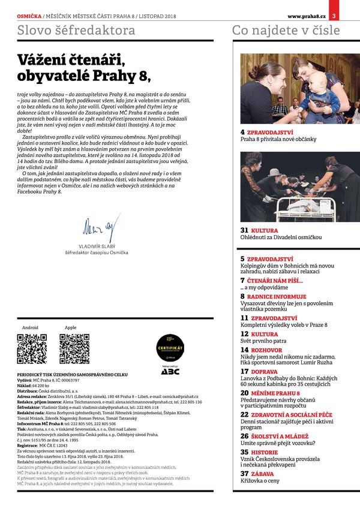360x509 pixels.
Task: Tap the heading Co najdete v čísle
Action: [286, 31]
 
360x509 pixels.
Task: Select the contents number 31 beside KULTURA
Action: [244, 230]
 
